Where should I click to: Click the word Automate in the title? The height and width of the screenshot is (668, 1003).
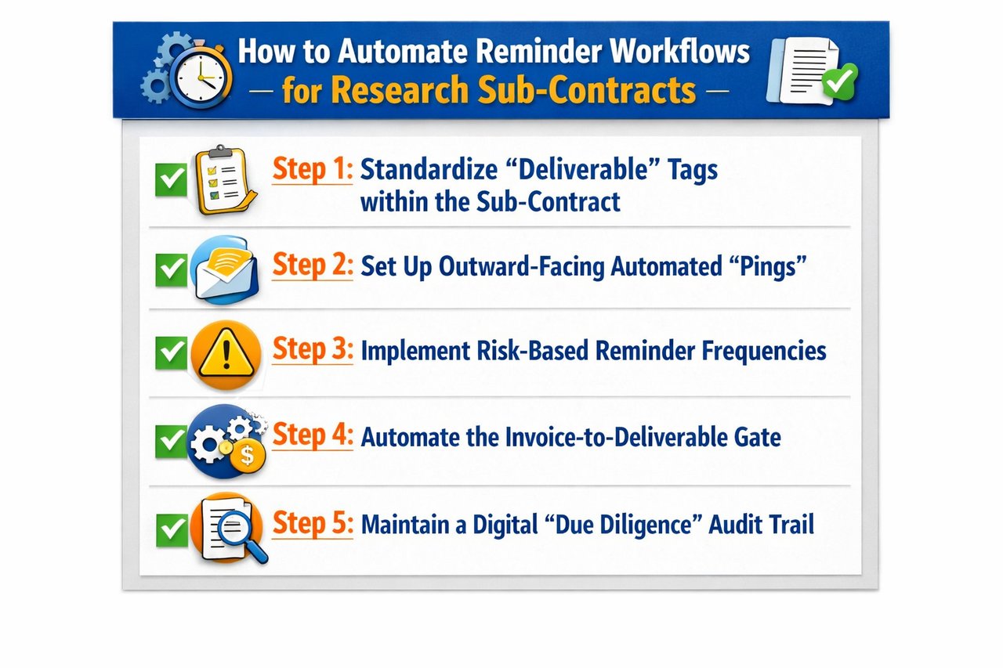[x=404, y=52]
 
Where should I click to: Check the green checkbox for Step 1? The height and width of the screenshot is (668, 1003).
[x=171, y=181]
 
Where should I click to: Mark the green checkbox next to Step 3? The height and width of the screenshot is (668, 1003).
[x=171, y=354]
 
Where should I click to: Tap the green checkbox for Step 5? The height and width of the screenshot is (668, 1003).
[x=171, y=529]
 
